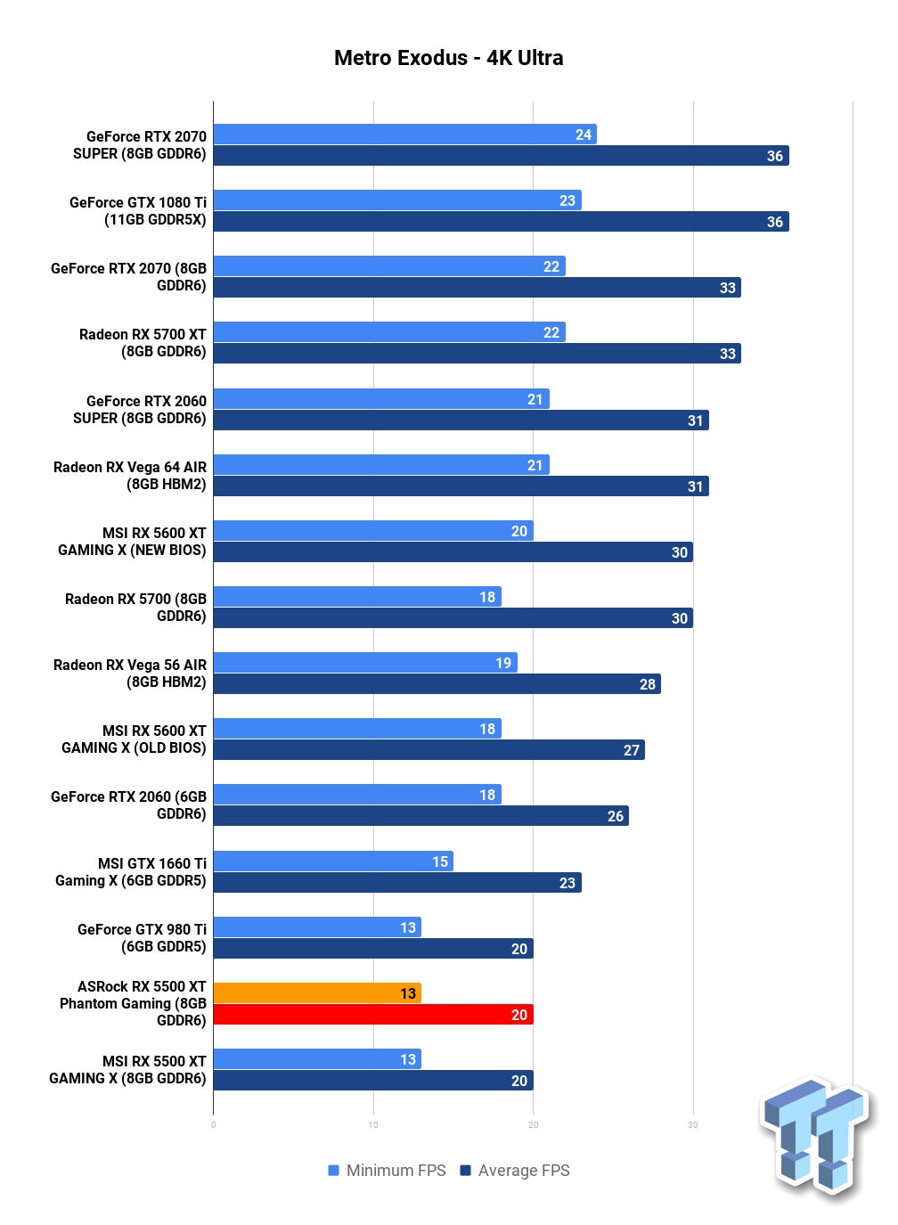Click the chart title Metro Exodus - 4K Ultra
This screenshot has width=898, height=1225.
pos(448,58)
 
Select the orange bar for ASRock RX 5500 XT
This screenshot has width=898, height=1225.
pos(317,992)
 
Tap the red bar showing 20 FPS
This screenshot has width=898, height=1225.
pos(373,1015)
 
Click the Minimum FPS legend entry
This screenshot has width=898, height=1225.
pos(387,1171)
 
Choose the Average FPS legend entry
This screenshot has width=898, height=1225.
pos(515,1171)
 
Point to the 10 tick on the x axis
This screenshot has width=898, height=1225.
pos(373,1125)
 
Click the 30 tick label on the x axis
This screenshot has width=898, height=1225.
pos(693,1125)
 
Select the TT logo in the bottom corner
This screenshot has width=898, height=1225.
pos(815,1140)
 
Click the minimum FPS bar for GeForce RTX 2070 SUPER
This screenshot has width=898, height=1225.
pos(404,134)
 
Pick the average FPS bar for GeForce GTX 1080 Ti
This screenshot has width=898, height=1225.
pos(501,222)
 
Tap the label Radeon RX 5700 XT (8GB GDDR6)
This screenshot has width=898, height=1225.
pos(143,343)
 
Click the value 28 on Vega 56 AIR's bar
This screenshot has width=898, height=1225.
pos(648,684)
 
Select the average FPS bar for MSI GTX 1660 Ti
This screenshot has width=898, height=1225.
pos(397,882)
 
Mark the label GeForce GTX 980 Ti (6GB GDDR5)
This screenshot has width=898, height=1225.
pos(142,938)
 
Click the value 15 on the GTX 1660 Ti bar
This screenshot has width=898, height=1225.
pos(440,862)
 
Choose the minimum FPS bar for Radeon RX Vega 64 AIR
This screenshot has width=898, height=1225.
pos(381,465)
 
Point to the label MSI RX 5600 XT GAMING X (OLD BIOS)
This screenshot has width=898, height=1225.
pos(134,739)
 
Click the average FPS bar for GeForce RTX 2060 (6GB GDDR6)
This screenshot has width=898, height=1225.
pos(421,815)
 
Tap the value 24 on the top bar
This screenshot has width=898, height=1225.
pos(583,135)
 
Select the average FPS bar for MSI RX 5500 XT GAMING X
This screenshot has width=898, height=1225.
pos(373,1080)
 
